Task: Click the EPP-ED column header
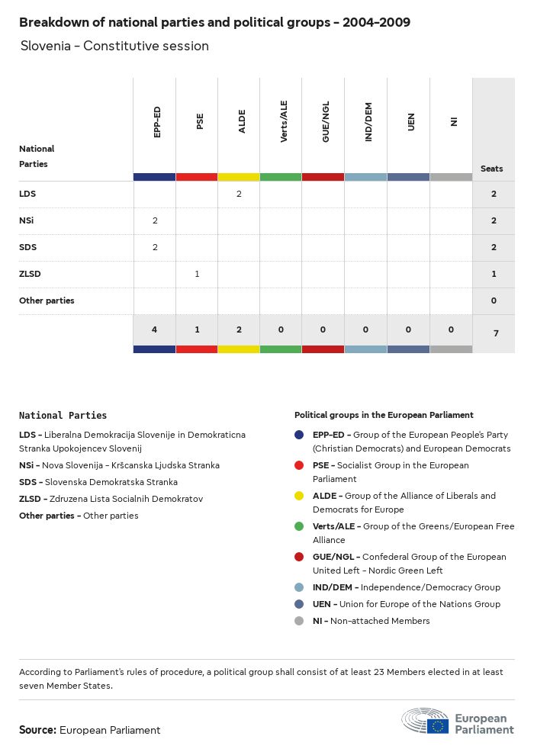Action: tap(157, 122)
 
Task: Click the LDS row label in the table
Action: tap(27, 194)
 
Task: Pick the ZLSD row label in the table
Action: tap(31, 274)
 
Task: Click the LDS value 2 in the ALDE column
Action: tap(239, 194)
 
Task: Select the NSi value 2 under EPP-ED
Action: tap(155, 220)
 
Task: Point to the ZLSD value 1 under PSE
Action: tap(197, 274)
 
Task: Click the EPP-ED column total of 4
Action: tap(155, 329)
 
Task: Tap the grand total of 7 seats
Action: tap(494, 333)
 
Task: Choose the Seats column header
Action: tap(492, 169)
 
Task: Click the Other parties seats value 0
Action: tap(494, 301)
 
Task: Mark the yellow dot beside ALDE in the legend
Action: tap(301, 496)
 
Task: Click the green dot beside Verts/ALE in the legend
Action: tap(301, 526)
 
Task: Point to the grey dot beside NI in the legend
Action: tap(301, 621)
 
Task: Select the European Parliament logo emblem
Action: tap(426, 721)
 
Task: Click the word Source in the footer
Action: tap(37, 730)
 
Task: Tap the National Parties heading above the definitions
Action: tap(63, 416)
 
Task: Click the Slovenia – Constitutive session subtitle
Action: tap(114, 46)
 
